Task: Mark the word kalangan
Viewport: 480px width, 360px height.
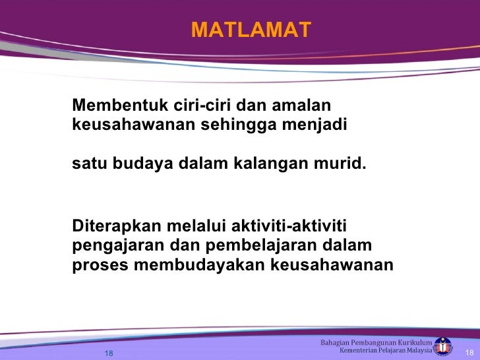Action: (x=266, y=163)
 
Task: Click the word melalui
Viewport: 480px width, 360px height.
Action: (x=195, y=227)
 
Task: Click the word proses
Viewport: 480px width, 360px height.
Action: (x=100, y=265)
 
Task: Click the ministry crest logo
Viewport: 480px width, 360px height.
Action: (x=443, y=347)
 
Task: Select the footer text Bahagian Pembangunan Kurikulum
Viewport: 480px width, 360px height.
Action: (x=376, y=342)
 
